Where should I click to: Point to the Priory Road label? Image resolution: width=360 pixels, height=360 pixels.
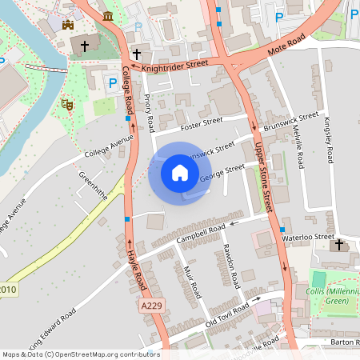149,114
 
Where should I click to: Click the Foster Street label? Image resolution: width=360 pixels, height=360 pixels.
201,123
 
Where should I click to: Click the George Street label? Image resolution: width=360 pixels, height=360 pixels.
223,172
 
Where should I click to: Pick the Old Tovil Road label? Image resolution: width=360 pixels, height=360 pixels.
227,314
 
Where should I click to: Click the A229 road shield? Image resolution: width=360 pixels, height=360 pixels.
151,306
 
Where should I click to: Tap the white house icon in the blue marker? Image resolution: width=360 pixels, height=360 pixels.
180,173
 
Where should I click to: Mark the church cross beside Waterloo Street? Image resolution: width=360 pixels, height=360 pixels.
339,244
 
